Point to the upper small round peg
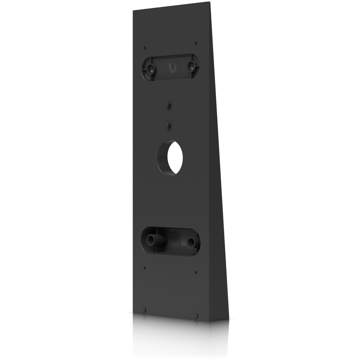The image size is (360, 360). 168,105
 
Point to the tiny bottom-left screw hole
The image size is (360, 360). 144,268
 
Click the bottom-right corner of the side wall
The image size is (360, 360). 228,318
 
